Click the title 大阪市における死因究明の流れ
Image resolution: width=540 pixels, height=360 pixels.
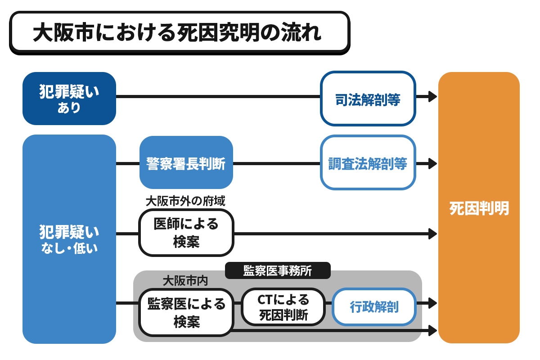click(x=179, y=32)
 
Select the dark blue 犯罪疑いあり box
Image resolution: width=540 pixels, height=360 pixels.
click(x=69, y=98)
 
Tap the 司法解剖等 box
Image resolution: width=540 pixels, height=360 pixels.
click(x=368, y=99)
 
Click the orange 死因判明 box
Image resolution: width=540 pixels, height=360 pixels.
click(x=479, y=208)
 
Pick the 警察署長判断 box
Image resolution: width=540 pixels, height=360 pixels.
click(x=186, y=162)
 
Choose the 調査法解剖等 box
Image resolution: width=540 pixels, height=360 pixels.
click(x=368, y=162)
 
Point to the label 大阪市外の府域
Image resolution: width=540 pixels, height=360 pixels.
click(x=185, y=201)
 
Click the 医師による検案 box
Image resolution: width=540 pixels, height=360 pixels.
click(x=186, y=233)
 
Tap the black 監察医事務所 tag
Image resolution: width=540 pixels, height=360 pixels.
click(x=278, y=270)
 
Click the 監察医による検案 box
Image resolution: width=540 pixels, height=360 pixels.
click(x=186, y=312)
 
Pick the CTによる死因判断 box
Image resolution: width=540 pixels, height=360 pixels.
click(x=283, y=307)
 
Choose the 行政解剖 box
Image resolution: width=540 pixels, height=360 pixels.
click(x=374, y=307)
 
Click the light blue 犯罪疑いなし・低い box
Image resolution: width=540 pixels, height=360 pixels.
click(x=69, y=239)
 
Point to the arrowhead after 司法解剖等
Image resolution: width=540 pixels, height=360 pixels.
click(x=432, y=96)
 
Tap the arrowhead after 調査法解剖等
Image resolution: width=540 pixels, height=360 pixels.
click(x=432, y=163)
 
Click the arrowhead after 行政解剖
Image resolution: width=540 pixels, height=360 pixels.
click(x=432, y=302)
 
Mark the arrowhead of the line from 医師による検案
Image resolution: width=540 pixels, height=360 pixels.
click(x=432, y=234)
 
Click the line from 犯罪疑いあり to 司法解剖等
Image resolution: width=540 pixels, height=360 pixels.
click(x=218, y=96)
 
